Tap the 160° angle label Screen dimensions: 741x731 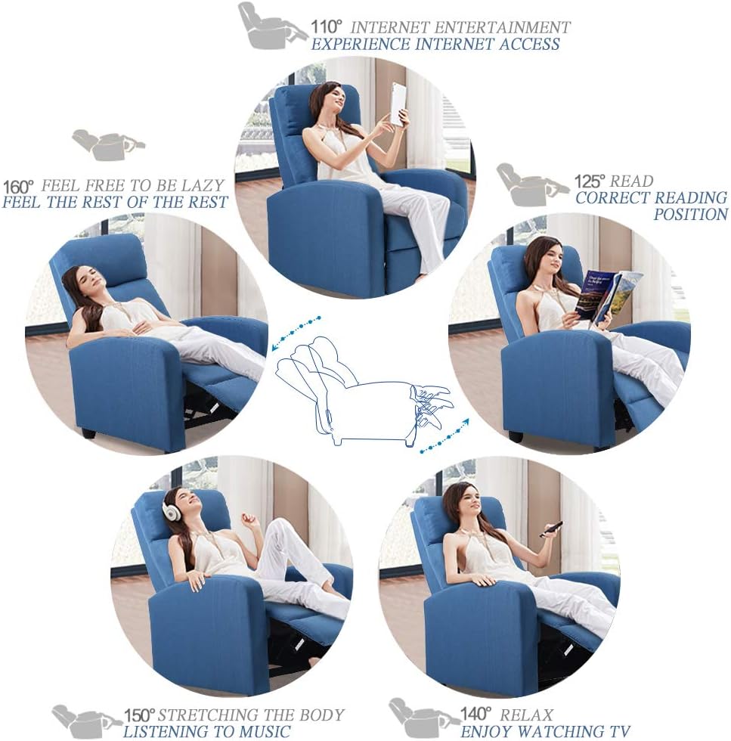[19, 186]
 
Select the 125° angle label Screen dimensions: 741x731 [590, 181]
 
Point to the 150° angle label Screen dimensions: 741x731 [139, 715]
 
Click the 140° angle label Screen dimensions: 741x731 [475, 714]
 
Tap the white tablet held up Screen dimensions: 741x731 [397, 104]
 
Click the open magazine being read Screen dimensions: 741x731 [608, 295]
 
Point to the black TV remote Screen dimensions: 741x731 [551, 529]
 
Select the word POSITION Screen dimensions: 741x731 [689, 215]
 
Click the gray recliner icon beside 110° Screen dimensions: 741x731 [271, 26]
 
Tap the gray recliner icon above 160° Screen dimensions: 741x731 [107, 144]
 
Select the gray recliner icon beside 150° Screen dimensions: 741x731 [85, 720]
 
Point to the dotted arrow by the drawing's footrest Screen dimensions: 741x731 [444, 436]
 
